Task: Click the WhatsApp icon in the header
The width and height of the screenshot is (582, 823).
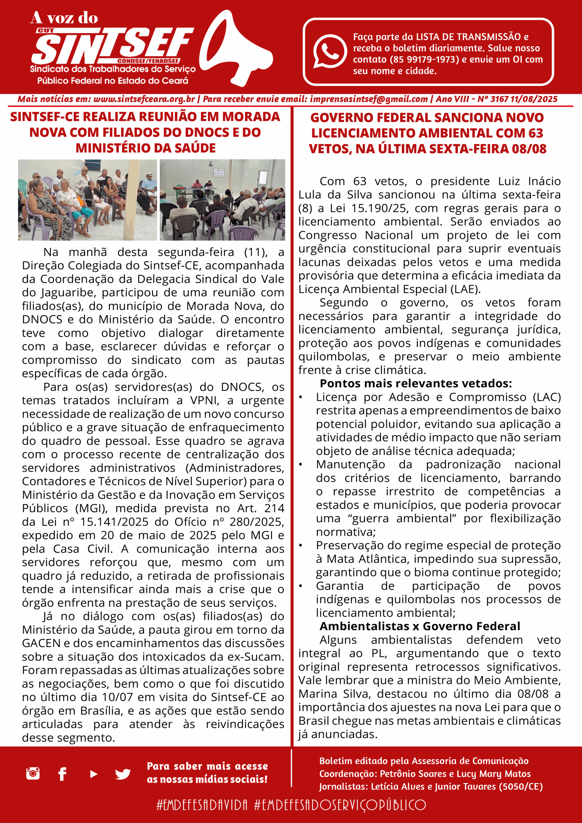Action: (x=329, y=51)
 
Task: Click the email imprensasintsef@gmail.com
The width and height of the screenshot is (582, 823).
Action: (x=368, y=99)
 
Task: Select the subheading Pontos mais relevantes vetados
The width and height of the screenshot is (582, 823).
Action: (x=416, y=384)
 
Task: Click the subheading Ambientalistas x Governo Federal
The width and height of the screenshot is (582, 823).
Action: (x=420, y=626)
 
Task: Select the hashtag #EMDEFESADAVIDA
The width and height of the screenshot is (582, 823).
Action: (x=202, y=805)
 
